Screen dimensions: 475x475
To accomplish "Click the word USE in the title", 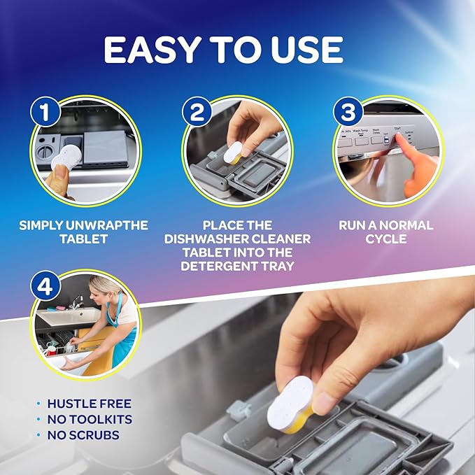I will click(x=306, y=50).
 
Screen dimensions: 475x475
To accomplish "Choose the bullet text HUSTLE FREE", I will click(x=89, y=404).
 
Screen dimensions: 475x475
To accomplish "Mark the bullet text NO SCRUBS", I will click(x=83, y=434).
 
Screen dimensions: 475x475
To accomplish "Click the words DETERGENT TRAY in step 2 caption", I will click(x=237, y=267).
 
